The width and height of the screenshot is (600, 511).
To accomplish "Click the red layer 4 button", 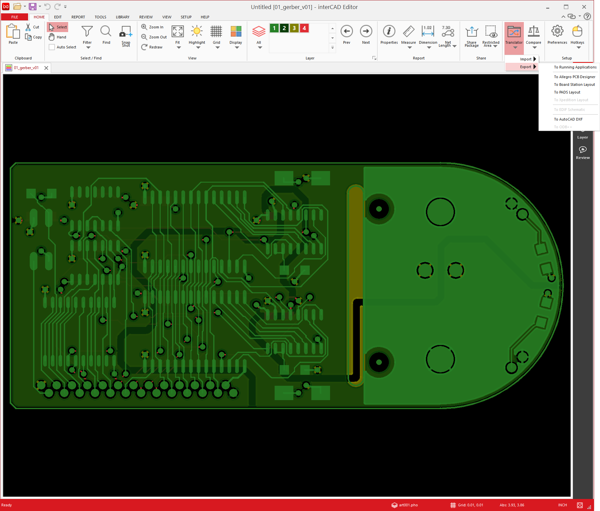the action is (304, 28).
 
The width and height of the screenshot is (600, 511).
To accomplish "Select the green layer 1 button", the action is (274, 28).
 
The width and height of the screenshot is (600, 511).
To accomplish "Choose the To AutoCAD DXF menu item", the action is (568, 119).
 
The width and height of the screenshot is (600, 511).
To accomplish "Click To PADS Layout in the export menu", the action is (567, 92).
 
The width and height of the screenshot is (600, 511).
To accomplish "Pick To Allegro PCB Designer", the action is (575, 77).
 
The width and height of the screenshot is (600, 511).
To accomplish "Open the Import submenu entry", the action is (526, 59).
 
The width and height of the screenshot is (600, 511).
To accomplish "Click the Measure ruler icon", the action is (408, 31).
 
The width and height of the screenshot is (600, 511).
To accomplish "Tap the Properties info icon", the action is (389, 31).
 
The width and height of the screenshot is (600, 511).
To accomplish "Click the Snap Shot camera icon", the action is (126, 31).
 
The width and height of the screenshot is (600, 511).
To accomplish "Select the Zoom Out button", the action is (154, 37).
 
